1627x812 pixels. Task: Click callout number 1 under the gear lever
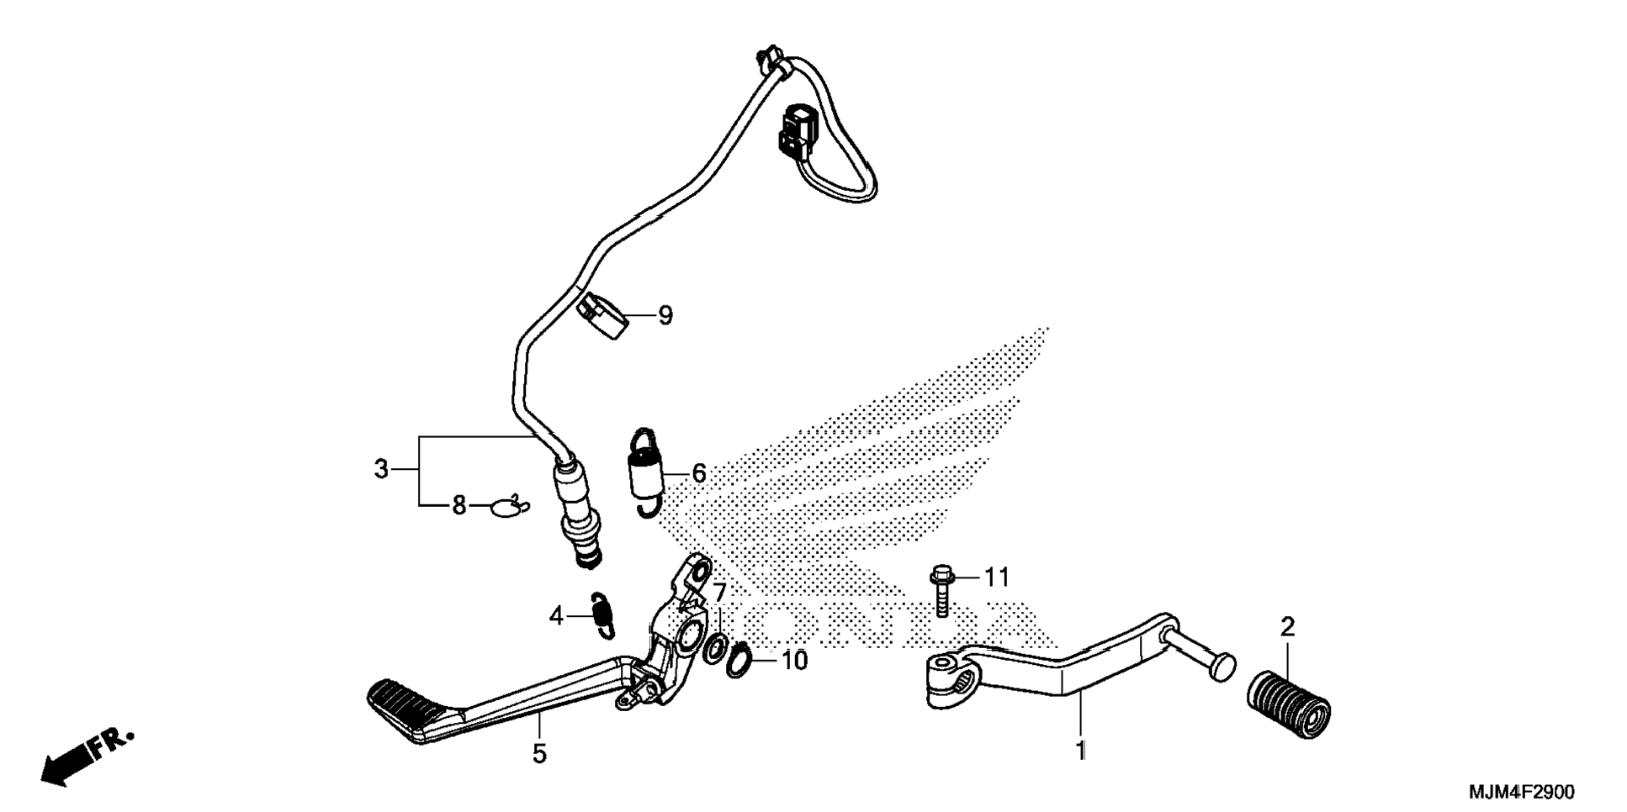tap(1081, 750)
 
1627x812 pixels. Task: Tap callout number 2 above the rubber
tap(1287, 627)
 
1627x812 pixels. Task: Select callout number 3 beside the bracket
tap(381, 469)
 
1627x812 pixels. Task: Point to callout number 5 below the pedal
tap(539, 754)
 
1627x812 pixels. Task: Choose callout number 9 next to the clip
tap(665, 316)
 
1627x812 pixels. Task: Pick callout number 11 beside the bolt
tap(997, 577)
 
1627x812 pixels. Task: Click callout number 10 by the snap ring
tap(794, 661)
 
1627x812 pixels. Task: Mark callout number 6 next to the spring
tap(699, 474)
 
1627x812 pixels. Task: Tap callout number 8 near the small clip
tap(459, 506)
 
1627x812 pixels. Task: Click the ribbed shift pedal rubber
tap(1288, 703)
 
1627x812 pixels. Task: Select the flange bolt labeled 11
tap(941, 596)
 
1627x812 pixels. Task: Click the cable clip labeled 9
tap(602, 316)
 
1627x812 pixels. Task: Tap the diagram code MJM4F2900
tap(1522, 792)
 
